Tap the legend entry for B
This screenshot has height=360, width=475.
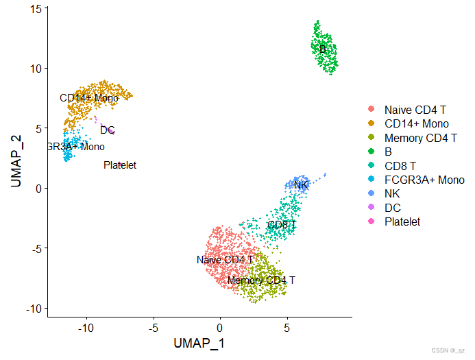(389, 152)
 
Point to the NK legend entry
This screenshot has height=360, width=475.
(392, 193)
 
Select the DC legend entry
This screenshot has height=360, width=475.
(392, 208)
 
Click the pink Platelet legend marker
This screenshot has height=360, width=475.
(372, 221)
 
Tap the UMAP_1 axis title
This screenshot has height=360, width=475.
(199, 342)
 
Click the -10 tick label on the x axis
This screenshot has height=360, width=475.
(84, 328)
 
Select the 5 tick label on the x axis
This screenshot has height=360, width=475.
(287, 328)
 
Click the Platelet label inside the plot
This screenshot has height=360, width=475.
(120, 165)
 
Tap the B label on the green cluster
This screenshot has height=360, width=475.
(322, 49)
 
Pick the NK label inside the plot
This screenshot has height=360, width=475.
(301, 184)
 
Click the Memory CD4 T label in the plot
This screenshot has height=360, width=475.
(261, 280)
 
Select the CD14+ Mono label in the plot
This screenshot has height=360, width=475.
(89, 98)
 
